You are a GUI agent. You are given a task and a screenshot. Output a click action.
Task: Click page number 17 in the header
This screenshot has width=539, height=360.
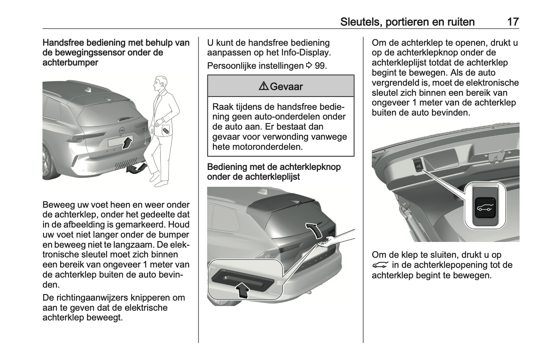(513, 22)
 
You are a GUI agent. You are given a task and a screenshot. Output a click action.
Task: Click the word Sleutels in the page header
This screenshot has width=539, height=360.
(360, 22)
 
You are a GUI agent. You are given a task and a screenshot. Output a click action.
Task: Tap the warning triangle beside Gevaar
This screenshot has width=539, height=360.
(263, 86)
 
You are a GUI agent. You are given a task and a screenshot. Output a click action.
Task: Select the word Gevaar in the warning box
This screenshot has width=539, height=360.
(286, 86)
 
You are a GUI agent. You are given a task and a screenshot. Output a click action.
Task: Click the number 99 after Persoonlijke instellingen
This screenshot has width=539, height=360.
(320, 66)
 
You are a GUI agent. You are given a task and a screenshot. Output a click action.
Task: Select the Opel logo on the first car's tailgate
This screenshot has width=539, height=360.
(121, 130)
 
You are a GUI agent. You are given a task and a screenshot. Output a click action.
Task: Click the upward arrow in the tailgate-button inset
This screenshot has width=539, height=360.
(243, 290)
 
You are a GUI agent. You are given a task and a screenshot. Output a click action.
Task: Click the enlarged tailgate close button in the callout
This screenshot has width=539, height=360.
(484, 206)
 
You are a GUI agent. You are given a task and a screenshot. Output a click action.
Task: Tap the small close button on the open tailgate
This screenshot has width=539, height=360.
(417, 165)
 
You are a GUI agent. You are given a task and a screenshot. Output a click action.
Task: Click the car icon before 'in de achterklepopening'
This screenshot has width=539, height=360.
(380, 265)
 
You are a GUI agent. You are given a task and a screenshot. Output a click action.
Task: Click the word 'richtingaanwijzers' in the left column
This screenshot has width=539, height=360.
(94, 298)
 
